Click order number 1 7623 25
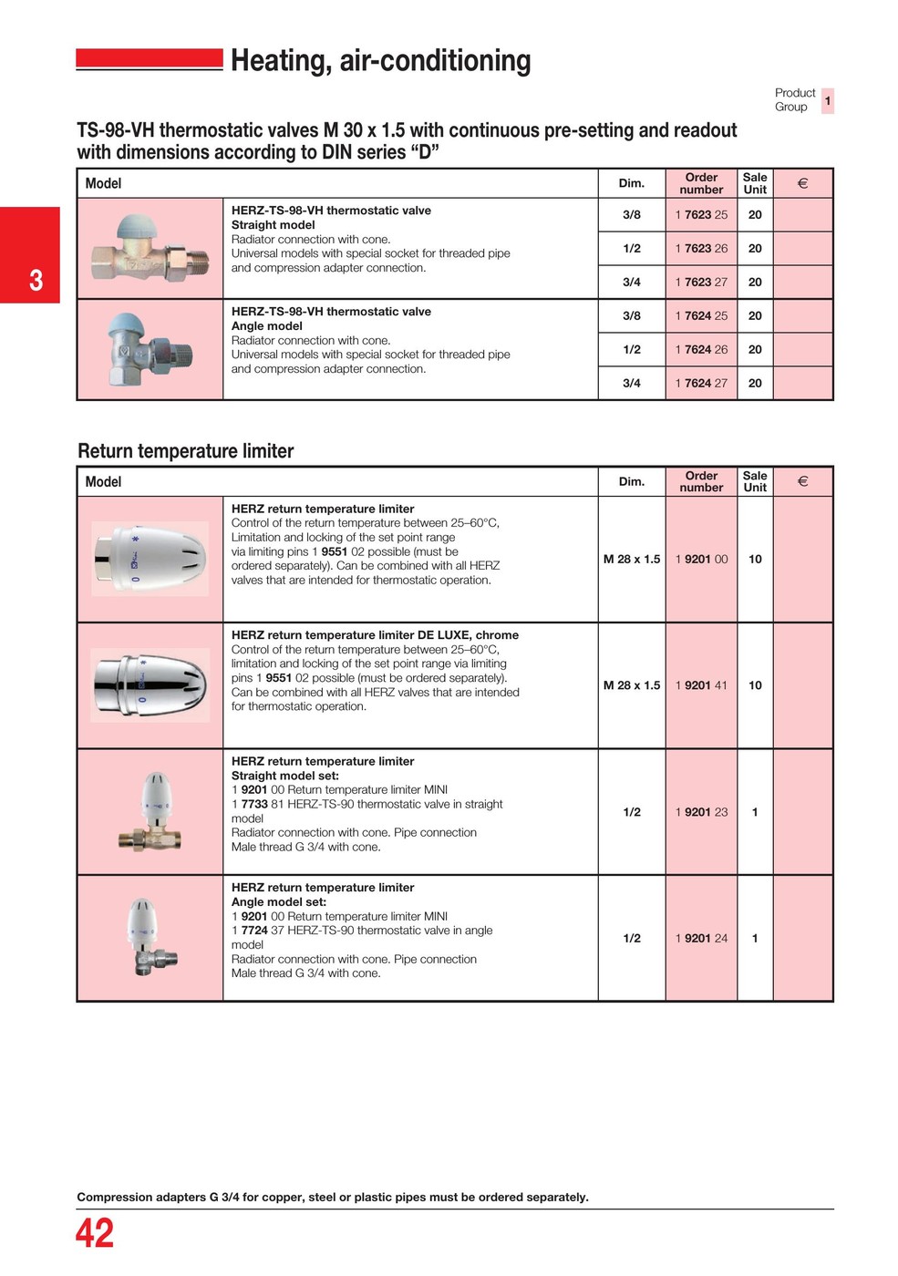[701, 215]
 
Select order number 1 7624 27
[701, 384]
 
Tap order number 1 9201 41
[701, 685]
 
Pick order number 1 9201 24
[701, 939]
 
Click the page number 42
[95, 1234]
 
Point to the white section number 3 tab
[36, 280]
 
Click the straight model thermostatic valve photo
[150, 248]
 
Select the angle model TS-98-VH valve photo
[150, 349]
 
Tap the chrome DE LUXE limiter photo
[150, 685]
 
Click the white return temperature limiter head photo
[150, 559]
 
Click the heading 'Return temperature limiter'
[186, 451]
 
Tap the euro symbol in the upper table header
[802, 183]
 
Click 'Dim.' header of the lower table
[632, 481]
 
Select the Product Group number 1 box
[828, 100]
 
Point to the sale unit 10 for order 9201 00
[755, 560]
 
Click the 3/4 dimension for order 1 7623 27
[632, 283]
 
